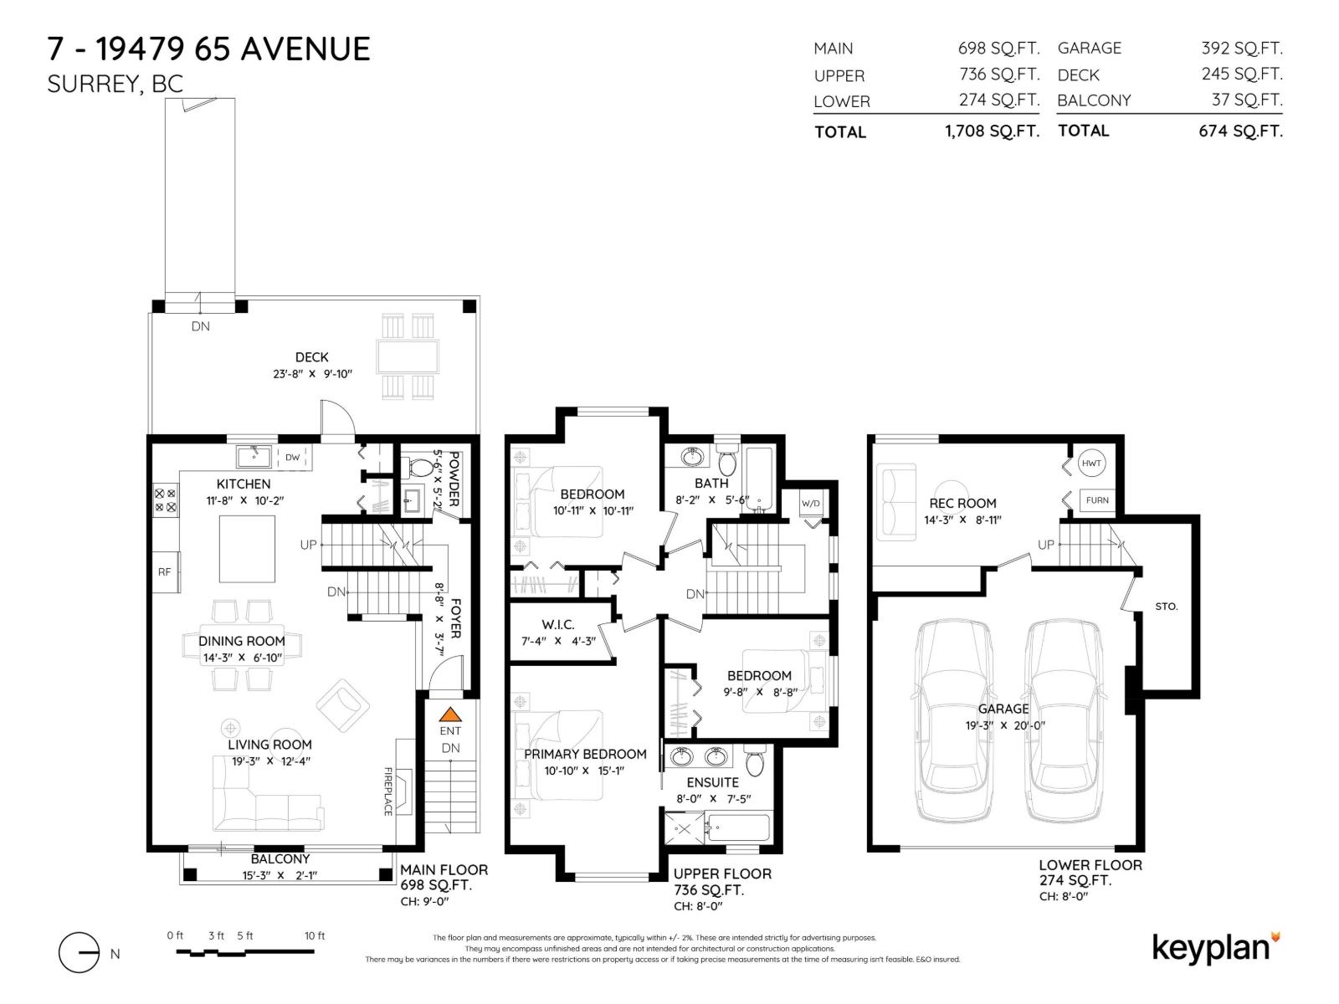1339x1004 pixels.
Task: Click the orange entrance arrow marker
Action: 450,715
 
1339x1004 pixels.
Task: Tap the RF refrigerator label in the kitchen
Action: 164,571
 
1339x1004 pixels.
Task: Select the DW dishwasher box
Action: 292,457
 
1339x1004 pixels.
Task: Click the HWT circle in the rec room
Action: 1091,463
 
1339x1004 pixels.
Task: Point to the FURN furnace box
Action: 1096,500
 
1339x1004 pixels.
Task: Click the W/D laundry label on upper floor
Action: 810,503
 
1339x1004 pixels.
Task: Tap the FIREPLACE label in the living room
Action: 387,791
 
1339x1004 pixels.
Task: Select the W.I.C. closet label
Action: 557,624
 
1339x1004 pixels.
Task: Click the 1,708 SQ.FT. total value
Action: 992,131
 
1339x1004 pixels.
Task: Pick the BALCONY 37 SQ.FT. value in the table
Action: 1246,100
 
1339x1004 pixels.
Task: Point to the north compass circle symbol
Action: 80,952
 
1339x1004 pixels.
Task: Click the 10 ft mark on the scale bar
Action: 315,936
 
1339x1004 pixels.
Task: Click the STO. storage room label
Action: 1166,606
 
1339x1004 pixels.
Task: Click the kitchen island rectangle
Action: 247,548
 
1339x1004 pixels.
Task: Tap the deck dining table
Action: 408,356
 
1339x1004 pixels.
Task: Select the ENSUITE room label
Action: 713,782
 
